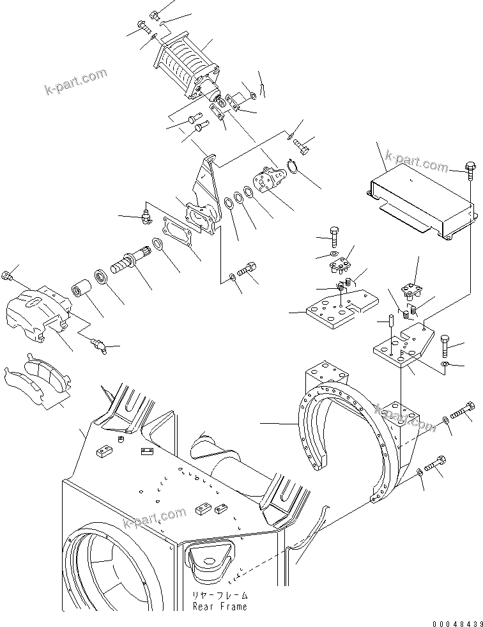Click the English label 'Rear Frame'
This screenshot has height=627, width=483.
point(219,607)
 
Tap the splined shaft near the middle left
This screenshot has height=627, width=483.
point(131,263)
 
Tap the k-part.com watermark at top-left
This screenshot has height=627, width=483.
point(75,82)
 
